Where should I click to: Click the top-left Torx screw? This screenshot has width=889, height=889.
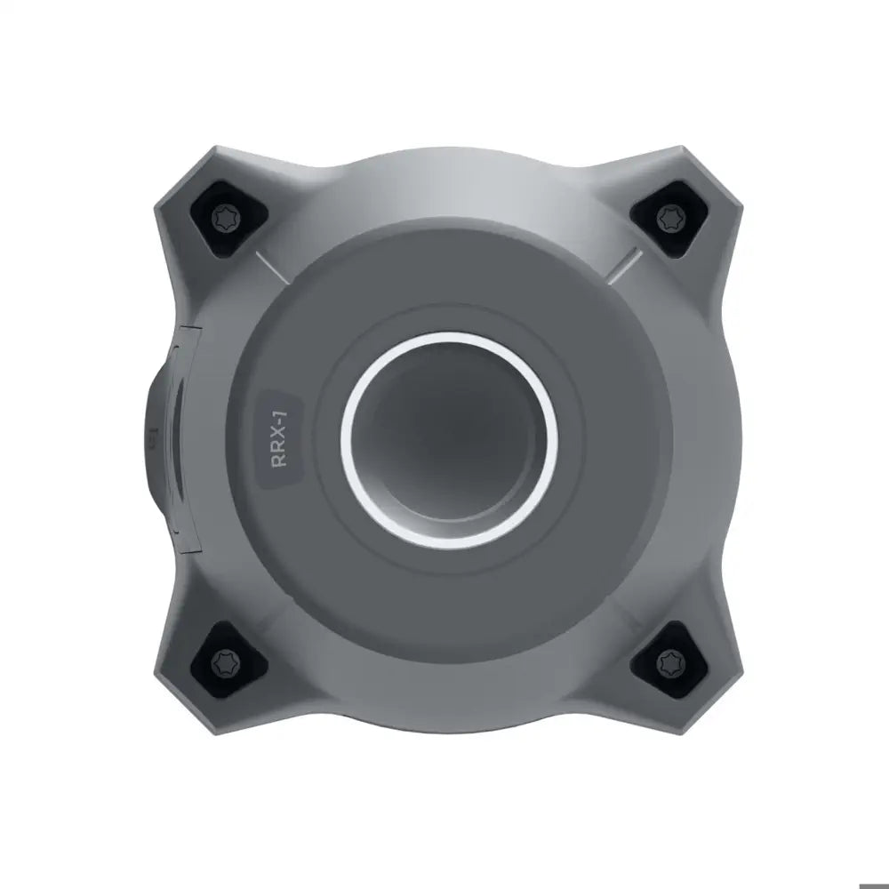point(226,217)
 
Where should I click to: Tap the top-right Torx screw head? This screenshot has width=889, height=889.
point(670,217)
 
